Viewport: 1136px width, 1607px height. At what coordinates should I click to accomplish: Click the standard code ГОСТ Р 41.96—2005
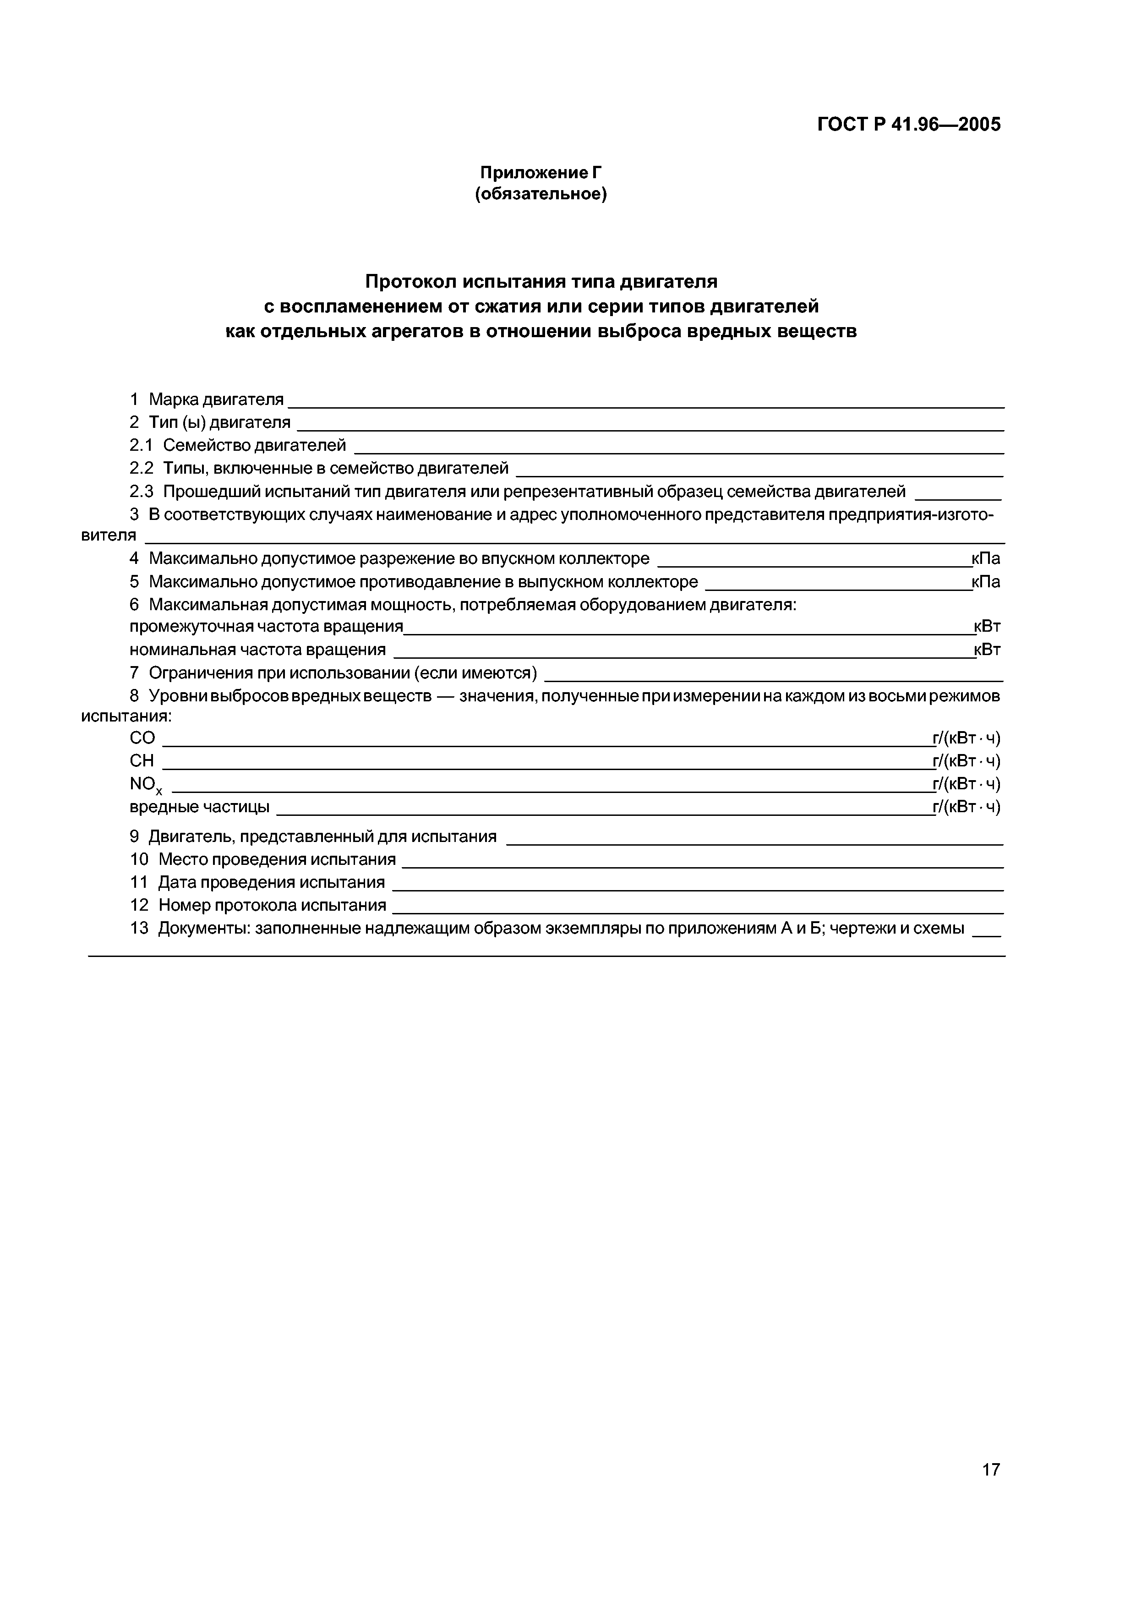[x=908, y=125]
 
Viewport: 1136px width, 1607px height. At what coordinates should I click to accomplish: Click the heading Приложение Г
[x=541, y=172]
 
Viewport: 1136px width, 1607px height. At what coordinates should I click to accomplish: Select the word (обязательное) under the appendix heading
[x=541, y=194]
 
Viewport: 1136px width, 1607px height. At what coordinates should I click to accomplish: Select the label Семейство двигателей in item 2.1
[x=254, y=445]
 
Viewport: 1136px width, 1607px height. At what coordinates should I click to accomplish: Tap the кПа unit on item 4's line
[x=985, y=558]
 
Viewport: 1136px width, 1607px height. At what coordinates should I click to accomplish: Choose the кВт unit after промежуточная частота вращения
[x=987, y=626]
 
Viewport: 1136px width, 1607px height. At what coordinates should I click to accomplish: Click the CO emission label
[x=142, y=738]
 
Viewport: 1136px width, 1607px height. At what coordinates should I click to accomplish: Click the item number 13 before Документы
[x=139, y=928]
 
